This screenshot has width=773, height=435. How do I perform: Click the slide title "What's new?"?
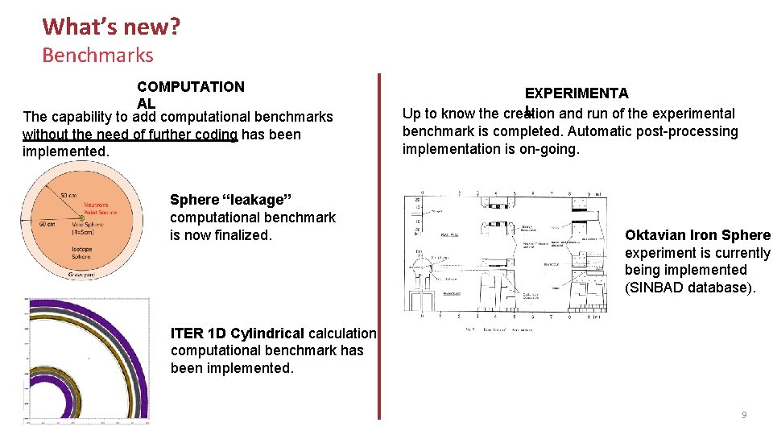coord(111,27)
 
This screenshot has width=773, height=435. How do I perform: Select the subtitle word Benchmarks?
coord(97,56)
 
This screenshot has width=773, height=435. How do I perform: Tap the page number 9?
coord(744,415)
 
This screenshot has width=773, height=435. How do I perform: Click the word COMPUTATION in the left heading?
coord(191,86)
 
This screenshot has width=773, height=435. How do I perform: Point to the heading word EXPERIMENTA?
coord(577,94)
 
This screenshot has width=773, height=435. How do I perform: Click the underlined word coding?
coord(216,135)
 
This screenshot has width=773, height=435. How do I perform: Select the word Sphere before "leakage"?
coord(194,200)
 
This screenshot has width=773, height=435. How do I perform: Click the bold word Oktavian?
coord(655,235)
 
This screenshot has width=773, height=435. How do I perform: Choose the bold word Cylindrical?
coord(266,333)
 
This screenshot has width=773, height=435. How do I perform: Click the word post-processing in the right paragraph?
coord(692,131)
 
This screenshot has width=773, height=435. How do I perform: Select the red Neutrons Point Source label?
coord(95,209)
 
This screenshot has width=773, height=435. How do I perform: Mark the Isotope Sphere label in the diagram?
coord(81,253)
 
